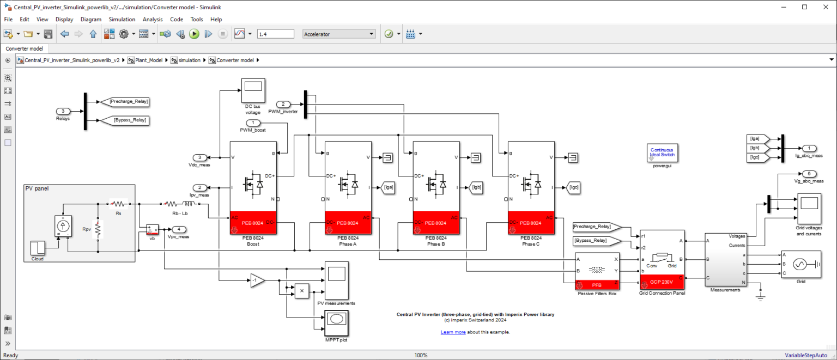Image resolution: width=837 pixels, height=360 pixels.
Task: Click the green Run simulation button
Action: pyautogui.click(x=194, y=34)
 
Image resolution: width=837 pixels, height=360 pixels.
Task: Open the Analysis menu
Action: pyautogui.click(x=153, y=19)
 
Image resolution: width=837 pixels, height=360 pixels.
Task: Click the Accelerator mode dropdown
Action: pyautogui.click(x=339, y=34)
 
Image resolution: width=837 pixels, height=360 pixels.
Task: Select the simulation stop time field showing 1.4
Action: pyautogui.click(x=277, y=34)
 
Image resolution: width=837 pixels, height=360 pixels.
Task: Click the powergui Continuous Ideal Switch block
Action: pyautogui.click(x=663, y=152)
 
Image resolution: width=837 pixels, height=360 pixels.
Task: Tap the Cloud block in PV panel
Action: pyautogui.click(x=38, y=247)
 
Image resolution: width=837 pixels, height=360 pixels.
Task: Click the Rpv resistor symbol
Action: pyautogui.click(x=98, y=230)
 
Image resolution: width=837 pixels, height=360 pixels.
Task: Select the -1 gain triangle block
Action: pyautogui.click(x=257, y=280)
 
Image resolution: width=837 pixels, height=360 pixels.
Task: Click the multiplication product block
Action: pyautogui.click(x=301, y=291)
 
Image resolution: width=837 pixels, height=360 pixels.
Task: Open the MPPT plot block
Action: pyautogui.click(x=336, y=324)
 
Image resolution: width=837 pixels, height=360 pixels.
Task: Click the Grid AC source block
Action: pyautogui.click(x=801, y=264)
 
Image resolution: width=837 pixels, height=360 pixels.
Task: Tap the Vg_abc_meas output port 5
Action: pyautogui.click(x=809, y=174)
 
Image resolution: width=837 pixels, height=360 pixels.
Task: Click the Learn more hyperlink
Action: pyautogui.click(x=453, y=332)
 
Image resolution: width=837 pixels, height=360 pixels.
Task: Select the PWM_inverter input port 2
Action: pyautogui.click(x=283, y=104)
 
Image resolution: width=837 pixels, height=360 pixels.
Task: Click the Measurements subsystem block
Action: pyautogui.click(x=725, y=259)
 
